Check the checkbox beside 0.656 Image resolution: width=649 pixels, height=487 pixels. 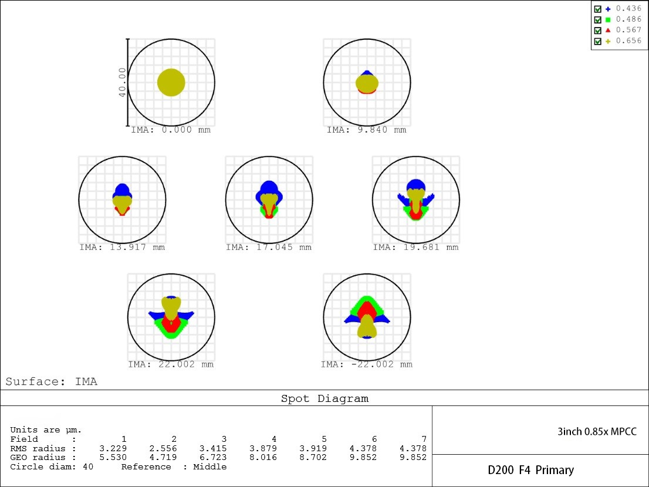(x=597, y=41)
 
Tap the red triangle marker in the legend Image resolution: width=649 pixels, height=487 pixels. (x=608, y=31)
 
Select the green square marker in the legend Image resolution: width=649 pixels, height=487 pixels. (x=608, y=20)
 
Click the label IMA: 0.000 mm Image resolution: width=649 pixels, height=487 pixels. (x=171, y=130)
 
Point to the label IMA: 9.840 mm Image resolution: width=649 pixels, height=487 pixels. (x=366, y=130)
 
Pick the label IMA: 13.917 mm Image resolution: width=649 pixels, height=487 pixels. (x=122, y=247)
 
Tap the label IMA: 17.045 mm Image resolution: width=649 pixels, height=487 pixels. (x=269, y=247)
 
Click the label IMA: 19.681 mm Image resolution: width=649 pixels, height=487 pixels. (x=415, y=247)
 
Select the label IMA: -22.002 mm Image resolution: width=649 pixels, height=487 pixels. (x=366, y=364)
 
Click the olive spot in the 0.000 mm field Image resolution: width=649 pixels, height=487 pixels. (x=171, y=83)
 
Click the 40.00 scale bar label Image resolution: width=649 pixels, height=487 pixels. (x=122, y=82)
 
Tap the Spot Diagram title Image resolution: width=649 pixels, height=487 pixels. (x=324, y=398)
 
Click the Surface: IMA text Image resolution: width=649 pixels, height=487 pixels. (x=52, y=381)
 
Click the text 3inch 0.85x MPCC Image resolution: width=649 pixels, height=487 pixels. (x=597, y=432)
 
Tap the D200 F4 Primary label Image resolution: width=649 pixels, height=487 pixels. (x=530, y=470)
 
